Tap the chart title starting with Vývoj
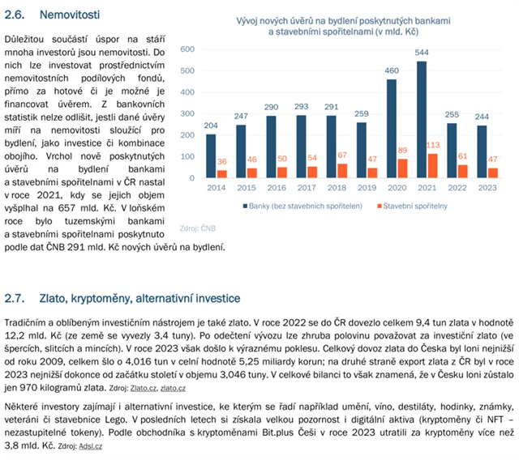(x=339, y=26)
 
